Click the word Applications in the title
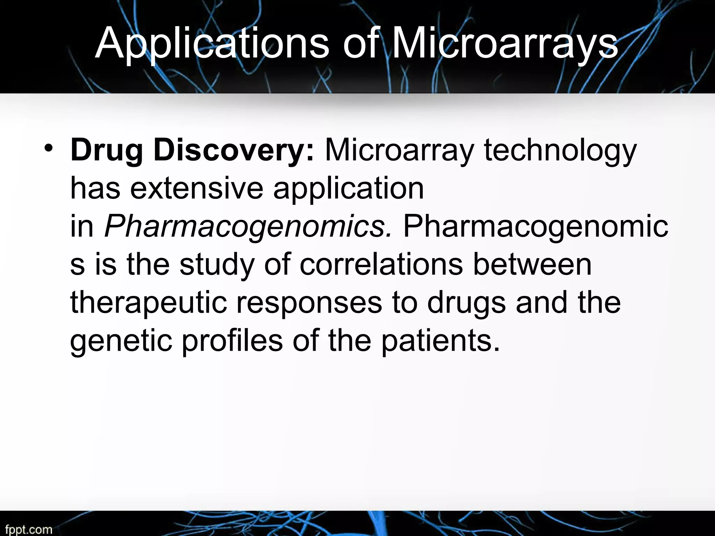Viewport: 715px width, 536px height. click(x=212, y=45)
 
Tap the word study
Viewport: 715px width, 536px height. click(x=217, y=265)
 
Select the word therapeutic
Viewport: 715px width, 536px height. click(x=149, y=303)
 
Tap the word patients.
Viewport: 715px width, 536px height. click(x=440, y=341)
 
